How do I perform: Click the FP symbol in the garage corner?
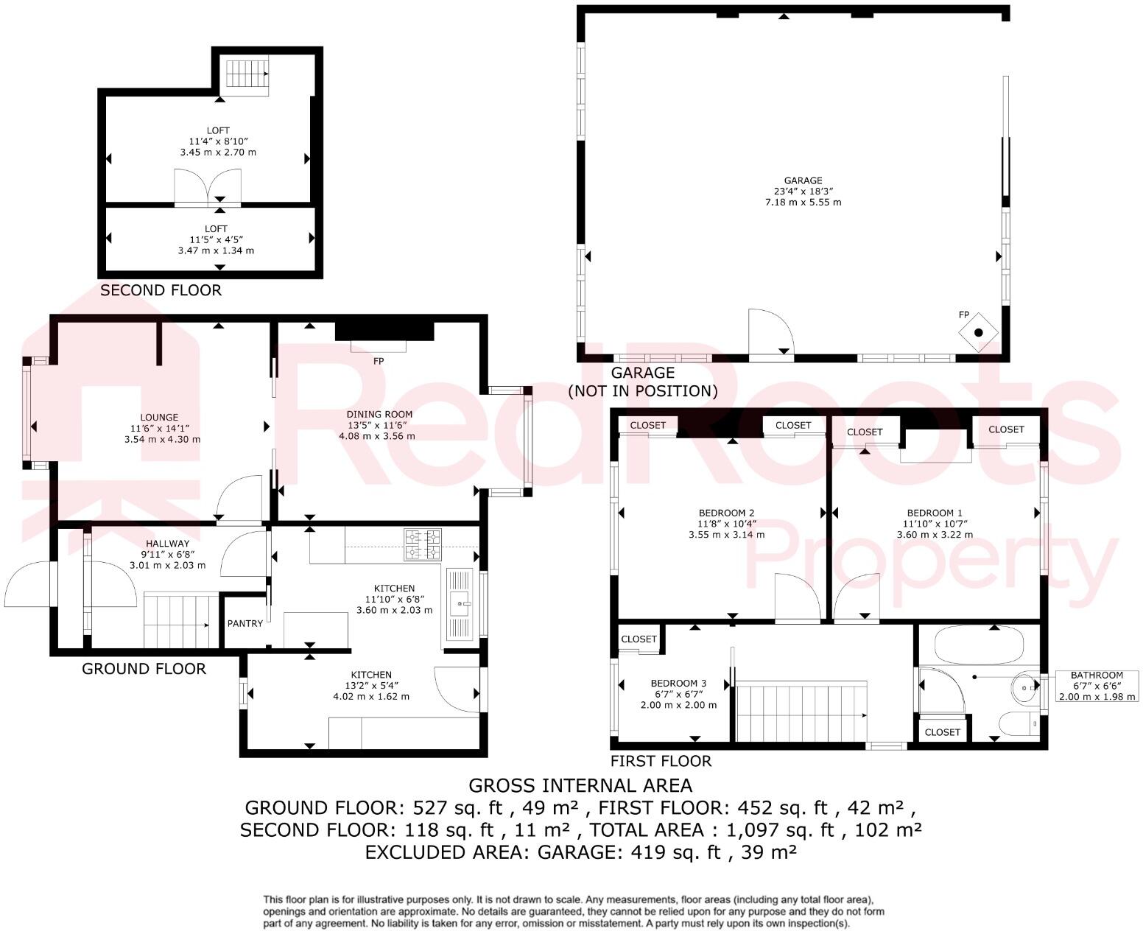978,332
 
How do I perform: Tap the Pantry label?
245,623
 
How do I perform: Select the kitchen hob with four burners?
423,544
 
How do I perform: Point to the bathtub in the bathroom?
978,646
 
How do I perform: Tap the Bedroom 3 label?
678,683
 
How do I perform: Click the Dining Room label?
379,414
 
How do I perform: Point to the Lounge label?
160,417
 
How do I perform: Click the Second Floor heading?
161,290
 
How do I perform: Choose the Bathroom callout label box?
1097,685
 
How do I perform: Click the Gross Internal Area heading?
580,785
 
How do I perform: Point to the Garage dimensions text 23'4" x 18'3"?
803,191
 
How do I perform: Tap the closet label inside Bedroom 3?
639,639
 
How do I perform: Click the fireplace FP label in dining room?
379,362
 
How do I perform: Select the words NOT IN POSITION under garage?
642,391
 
